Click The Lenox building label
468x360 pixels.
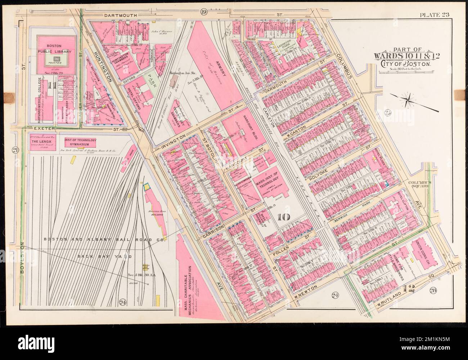point(42,142)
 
